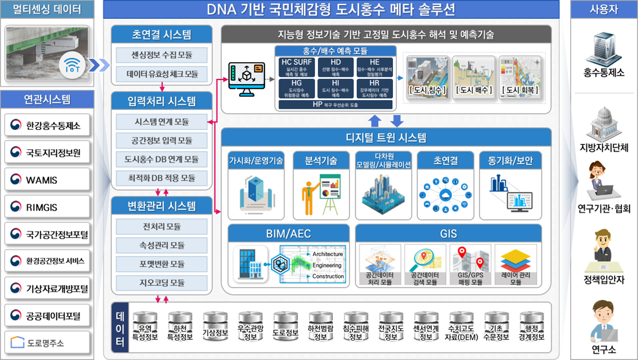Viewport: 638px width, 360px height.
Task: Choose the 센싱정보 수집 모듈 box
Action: [161, 55]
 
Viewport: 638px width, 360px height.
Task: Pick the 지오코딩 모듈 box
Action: [161, 283]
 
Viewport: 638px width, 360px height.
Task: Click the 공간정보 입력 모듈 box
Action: [161, 140]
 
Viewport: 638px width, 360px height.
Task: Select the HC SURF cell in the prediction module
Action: [297, 67]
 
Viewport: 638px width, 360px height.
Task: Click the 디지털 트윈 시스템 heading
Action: [386, 137]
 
